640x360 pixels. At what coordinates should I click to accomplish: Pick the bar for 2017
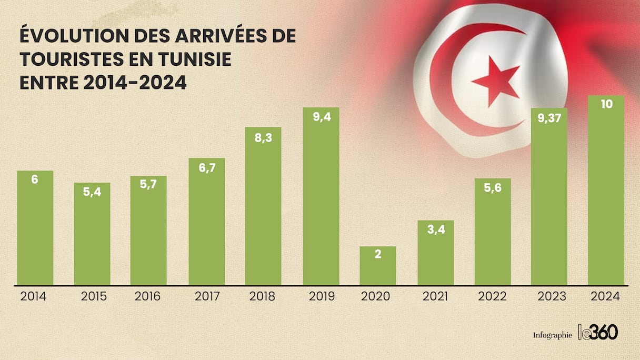tap(207, 222)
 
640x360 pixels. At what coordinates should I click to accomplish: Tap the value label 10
tap(606, 104)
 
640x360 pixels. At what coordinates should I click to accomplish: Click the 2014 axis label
tap(34, 296)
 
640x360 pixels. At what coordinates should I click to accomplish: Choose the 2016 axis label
tap(148, 296)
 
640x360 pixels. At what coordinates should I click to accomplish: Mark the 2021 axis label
tap(436, 296)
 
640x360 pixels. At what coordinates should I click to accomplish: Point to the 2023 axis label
tap(552, 296)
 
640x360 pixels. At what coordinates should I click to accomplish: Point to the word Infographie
tap(552, 335)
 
